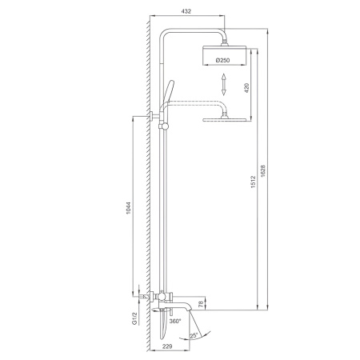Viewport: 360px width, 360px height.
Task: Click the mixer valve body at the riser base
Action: [x=163, y=298]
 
